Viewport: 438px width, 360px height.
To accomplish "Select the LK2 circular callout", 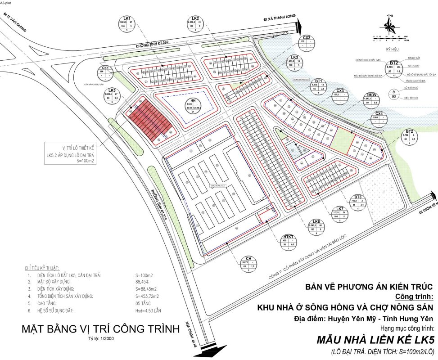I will pyautogui.click(x=196, y=26).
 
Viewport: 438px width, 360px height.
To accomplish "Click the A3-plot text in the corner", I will pyautogui.click(x=6, y=2).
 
